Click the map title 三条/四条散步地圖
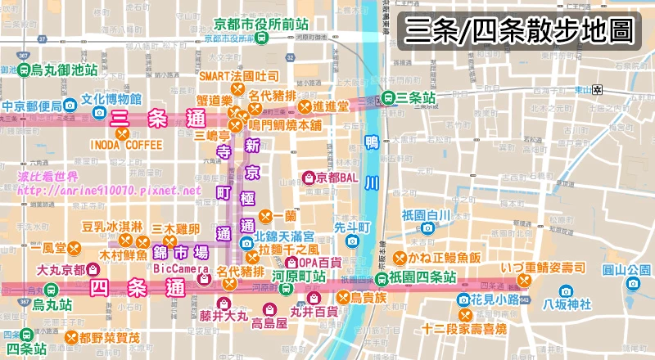[519, 32]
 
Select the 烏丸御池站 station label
[61, 72]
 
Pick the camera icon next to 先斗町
[352, 241]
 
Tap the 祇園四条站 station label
[427, 277]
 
